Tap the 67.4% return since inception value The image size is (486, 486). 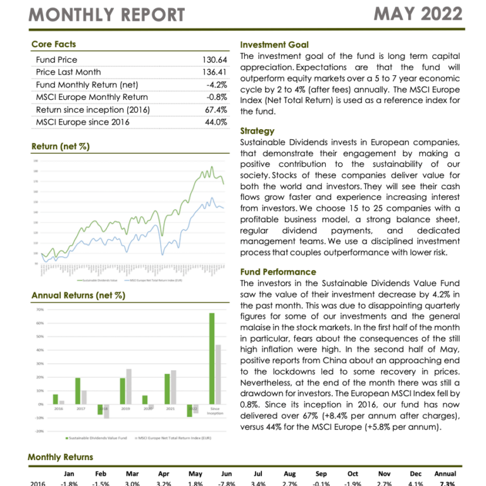click(x=216, y=109)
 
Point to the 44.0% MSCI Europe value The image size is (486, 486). click(x=216, y=122)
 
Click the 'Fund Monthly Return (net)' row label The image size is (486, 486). click(x=87, y=85)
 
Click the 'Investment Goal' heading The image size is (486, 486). click(x=275, y=45)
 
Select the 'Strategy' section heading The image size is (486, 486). click(x=258, y=131)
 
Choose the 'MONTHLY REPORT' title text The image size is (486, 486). click(x=107, y=15)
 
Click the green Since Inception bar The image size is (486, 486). click(x=212, y=358)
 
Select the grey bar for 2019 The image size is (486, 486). click(x=129, y=386)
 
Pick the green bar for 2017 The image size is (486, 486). click(x=78, y=390)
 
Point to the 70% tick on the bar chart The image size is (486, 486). click(x=39, y=309)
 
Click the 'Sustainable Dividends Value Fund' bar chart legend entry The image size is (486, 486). click(x=98, y=438)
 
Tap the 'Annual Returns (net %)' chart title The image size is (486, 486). click(x=78, y=296)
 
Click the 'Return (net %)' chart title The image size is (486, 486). click(x=60, y=147)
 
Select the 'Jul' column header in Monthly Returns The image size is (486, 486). click(x=258, y=473)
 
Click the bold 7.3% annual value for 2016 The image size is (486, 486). click(x=445, y=483)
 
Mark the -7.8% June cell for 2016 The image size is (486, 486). click(x=226, y=483)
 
